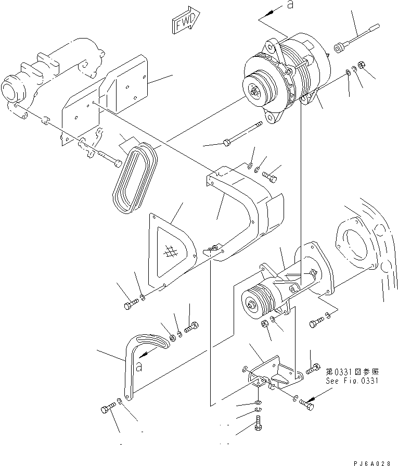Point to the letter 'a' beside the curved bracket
[139, 368]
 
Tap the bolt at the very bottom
[258, 423]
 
